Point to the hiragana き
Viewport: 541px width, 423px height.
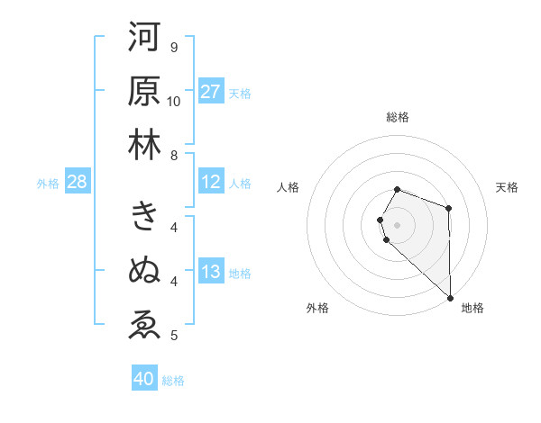coord(144,216)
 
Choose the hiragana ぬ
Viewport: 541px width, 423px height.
coord(144,269)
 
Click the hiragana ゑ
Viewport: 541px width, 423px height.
coord(144,323)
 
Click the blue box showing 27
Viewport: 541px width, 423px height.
coord(211,92)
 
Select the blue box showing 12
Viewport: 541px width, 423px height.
coord(211,183)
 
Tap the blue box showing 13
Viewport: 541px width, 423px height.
coord(211,273)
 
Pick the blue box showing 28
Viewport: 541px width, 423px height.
coord(78,183)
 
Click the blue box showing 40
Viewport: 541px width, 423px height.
coord(144,379)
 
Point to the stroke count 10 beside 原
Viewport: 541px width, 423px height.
coord(174,102)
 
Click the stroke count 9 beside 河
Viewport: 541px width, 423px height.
coord(174,47)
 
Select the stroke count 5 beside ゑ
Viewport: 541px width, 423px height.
coord(174,336)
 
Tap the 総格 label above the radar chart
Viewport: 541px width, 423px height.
coord(398,117)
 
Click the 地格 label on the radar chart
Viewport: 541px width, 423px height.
coord(472,309)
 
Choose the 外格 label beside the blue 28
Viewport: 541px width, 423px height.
coord(48,184)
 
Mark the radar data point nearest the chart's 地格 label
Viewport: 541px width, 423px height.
coord(450,297)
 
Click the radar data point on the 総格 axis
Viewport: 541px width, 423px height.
coord(398,189)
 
